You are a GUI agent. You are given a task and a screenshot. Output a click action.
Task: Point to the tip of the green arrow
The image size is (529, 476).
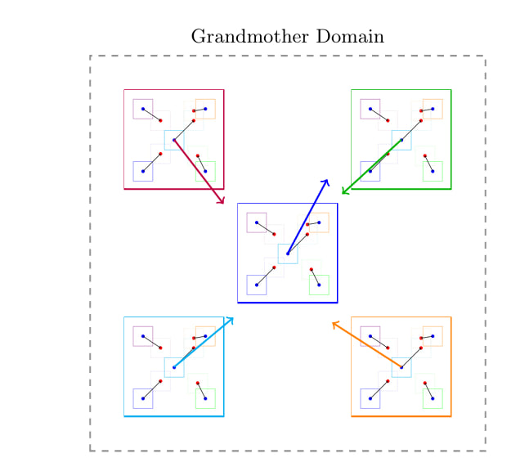343,193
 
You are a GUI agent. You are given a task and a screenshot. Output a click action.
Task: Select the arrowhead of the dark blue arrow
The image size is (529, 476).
327,180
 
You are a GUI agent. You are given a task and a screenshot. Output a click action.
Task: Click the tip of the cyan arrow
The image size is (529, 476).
233,317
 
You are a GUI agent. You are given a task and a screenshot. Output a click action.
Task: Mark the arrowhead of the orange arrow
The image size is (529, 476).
333,323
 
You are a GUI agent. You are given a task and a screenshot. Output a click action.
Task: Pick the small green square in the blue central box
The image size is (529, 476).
319,285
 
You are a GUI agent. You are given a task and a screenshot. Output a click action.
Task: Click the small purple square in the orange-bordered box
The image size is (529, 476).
370,335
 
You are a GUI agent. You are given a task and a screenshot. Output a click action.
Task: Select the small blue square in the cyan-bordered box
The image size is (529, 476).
143,398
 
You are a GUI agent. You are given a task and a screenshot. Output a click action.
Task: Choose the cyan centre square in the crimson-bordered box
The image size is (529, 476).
174,140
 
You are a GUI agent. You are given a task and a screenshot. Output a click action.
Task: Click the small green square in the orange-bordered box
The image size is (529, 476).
433,398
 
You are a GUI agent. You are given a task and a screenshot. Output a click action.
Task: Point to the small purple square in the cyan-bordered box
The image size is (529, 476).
143,335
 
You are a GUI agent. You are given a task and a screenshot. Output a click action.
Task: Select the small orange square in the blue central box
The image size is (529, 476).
319,222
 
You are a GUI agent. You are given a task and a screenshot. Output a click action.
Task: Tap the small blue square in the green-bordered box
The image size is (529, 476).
370,171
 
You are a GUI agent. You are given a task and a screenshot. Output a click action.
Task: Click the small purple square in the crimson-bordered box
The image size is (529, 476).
143,109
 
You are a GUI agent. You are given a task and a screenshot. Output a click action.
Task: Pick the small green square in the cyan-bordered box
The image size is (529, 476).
205,398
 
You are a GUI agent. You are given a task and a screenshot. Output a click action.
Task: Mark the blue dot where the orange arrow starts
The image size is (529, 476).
401,367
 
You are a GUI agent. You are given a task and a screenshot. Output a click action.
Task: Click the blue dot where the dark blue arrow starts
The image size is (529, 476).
288,254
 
